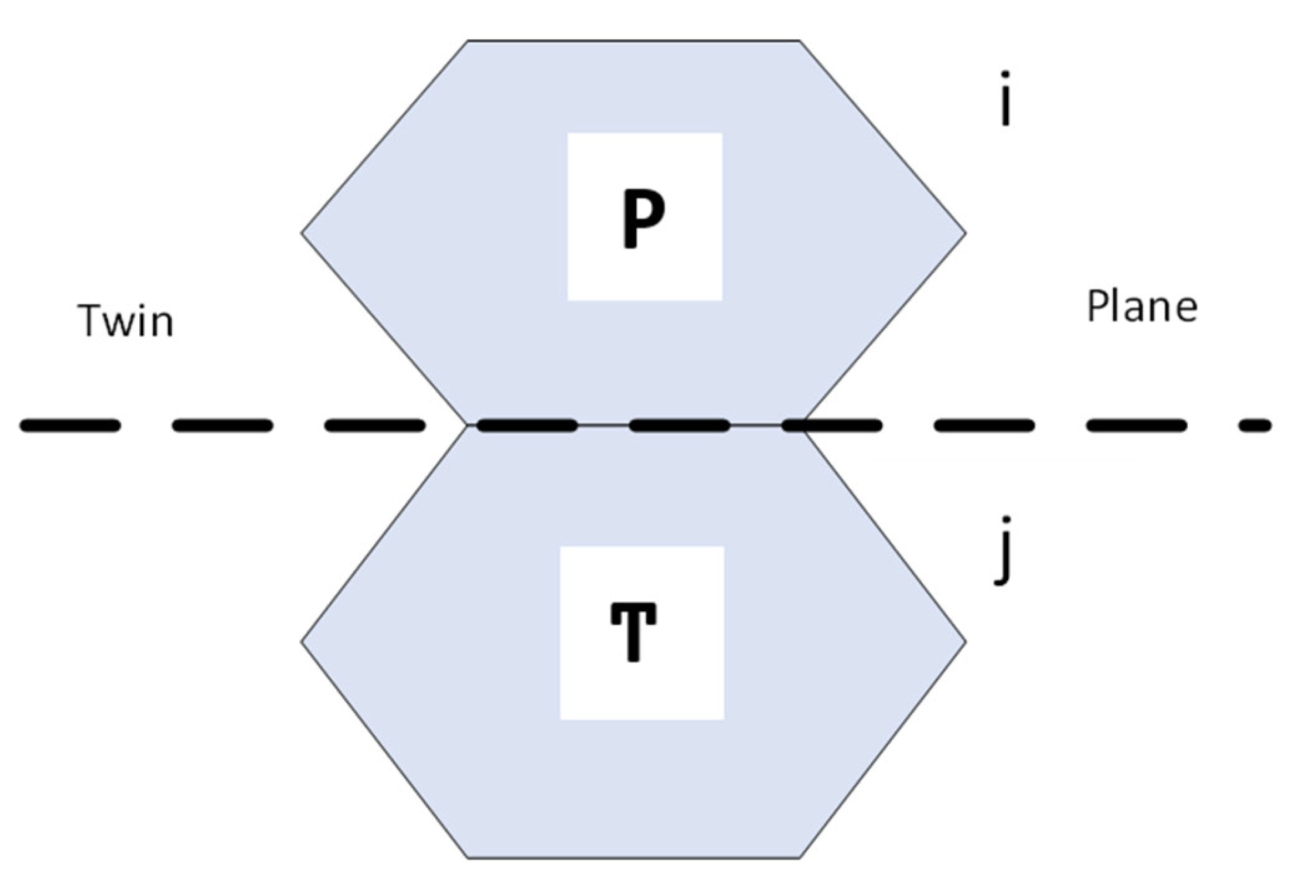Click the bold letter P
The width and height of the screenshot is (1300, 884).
click(x=643, y=217)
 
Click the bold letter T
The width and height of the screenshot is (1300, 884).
click(x=633, y=631)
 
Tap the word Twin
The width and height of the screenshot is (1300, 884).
click(x=126, y=321)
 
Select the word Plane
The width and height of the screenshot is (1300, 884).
click(x=1141, y=307)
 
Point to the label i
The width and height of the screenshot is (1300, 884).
click(x=1005, y=99)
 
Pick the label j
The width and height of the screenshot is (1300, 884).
click(x=1003, y=551)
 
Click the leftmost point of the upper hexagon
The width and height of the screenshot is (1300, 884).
click(x=302, y=233)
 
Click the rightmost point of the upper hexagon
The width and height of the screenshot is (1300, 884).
click(x=965, y=233)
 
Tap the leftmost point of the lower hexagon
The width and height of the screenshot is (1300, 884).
click(x=302, y=642)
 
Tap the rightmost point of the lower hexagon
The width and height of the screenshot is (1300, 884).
click(x=965, y=642)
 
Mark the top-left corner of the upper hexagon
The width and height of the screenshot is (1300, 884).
click(x=468, y=41)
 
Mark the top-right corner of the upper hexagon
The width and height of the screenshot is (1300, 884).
click(x=799, y=41)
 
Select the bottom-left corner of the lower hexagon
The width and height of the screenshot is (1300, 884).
click(x=468, y=858)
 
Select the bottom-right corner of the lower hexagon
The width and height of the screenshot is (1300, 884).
click(x=800, y=858)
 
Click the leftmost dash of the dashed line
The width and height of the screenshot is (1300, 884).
click(x=70, y=425)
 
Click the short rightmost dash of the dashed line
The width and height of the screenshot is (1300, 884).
click(x=1256, y=425)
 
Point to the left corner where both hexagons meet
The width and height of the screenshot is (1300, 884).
click(x=468, y=425)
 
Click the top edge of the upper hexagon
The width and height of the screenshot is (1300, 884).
click(x=633, y=41)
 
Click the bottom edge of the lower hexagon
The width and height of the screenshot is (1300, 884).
click(x=633, y=858)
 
